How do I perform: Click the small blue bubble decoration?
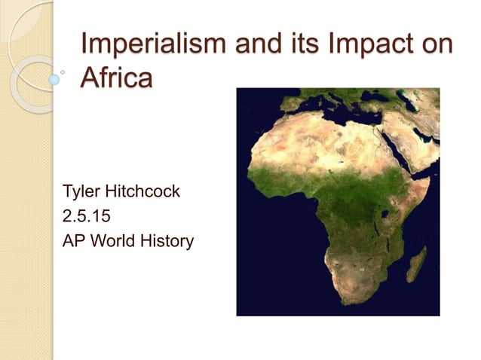(54, 78)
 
